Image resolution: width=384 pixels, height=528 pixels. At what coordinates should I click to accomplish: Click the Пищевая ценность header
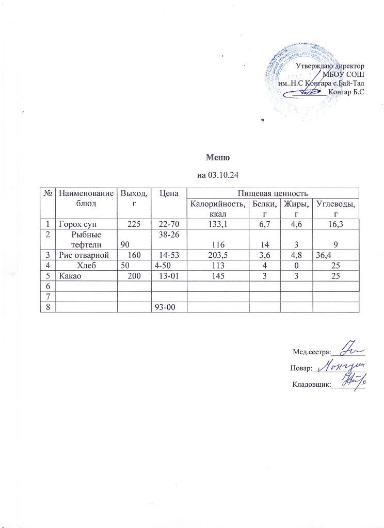click(x=273, y=193)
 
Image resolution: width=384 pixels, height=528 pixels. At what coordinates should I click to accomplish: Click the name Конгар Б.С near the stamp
click(x=346, y=92)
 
